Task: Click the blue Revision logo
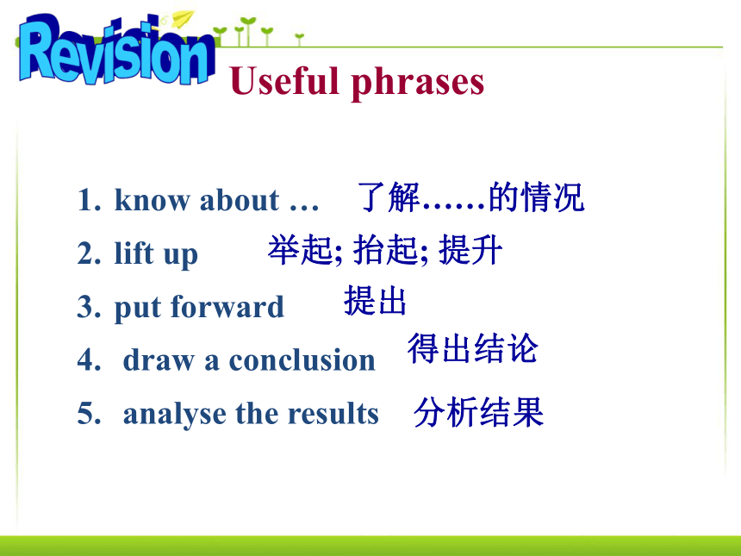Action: click(x=116, y=51)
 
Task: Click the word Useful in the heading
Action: click(x=285, y=80)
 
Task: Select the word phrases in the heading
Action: click(x=418, y=84)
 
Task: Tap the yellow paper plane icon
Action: click(x=183, y=19)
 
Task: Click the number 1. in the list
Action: click(x=90, y=200)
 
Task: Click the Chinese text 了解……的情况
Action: click(x=470, y=197)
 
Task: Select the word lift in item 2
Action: click(x=134, y=252)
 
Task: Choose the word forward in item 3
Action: click(x=227, y=306)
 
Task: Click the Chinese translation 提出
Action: click(x=375, y=300)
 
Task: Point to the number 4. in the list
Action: click(x=90, y=359)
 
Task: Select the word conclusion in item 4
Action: click(x=302, y=359)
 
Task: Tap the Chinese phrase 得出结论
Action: click(x=472, y=348)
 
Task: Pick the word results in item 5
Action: click(x=333, y=413)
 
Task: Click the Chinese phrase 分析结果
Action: click(x=479, y=412)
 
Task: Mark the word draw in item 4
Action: click(x=159, y=359)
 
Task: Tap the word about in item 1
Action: click(x=240, y=199)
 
